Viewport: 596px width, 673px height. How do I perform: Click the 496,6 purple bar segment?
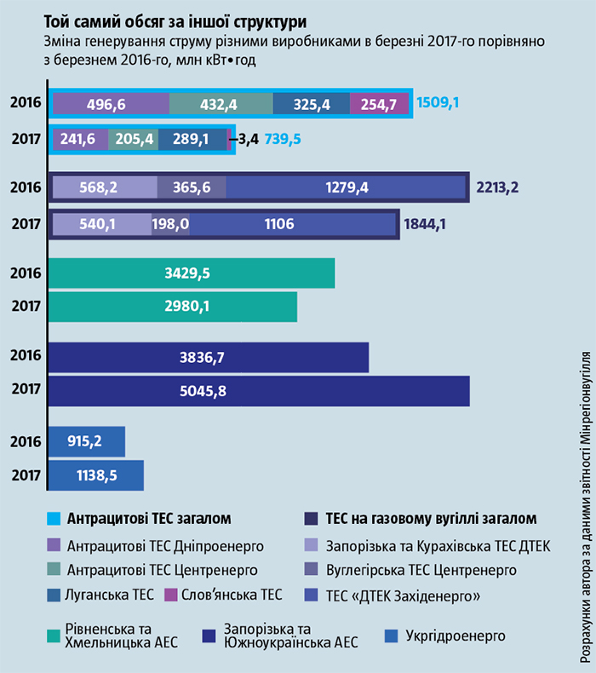tap(111, 104)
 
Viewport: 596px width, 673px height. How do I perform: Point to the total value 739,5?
tap(284, 139)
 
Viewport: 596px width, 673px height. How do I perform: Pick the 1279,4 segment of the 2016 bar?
tap(347, 187)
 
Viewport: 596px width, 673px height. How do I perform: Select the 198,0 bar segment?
tap(171, 225)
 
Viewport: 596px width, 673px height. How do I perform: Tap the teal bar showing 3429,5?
tap(192, 273)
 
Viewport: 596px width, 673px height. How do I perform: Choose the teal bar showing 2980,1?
tap(173, 308)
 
